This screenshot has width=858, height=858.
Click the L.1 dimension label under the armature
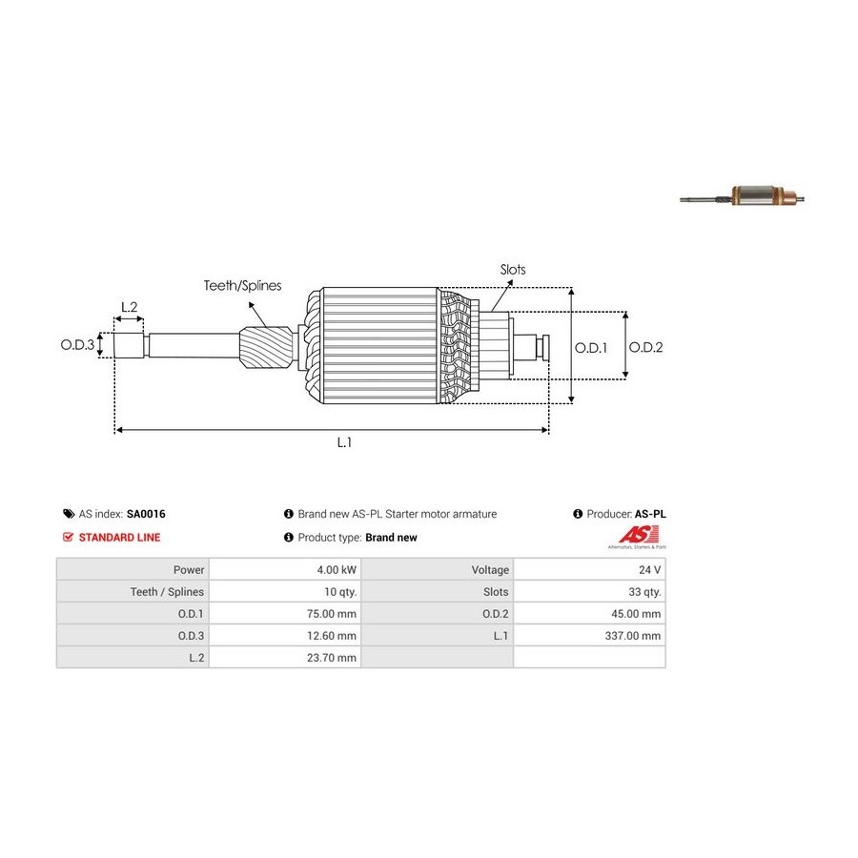344,443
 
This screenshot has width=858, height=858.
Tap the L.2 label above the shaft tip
129,307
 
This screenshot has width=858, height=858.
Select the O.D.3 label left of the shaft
78,345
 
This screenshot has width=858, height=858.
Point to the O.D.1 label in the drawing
591,348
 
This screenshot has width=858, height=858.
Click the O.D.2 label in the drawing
645,348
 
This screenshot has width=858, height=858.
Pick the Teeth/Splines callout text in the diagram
242,285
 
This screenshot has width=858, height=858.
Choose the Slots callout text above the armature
513,270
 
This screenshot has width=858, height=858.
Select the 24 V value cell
649,570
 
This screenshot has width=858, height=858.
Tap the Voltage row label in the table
490,570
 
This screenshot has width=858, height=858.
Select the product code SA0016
146,514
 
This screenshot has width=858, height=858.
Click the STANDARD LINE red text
119,538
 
